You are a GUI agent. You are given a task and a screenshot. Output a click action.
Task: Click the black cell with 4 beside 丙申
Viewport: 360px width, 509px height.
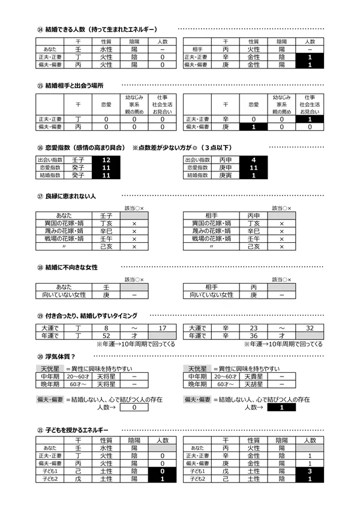coord(254,160)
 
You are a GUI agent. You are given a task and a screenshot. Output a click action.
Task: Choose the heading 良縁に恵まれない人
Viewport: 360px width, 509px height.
coord(70,197)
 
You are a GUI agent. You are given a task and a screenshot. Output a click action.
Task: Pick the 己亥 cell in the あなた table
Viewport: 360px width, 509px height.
coord(106,246)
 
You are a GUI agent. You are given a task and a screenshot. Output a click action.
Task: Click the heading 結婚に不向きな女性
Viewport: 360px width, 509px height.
coord(71,267)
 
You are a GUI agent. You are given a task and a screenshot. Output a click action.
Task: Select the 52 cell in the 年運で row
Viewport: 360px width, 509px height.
coord(106,336)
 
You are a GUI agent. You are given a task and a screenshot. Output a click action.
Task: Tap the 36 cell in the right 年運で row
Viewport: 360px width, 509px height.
coord(254,336)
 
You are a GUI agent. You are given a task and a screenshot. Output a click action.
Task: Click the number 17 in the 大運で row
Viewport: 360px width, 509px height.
coord(162,328)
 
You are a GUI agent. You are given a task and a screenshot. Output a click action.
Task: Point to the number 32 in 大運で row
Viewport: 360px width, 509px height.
coord(310,328)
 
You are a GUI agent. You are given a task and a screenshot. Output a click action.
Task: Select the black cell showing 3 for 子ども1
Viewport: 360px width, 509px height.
coord(310,471)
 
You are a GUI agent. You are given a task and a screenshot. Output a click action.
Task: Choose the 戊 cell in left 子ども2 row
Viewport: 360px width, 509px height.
coord(78,479)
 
